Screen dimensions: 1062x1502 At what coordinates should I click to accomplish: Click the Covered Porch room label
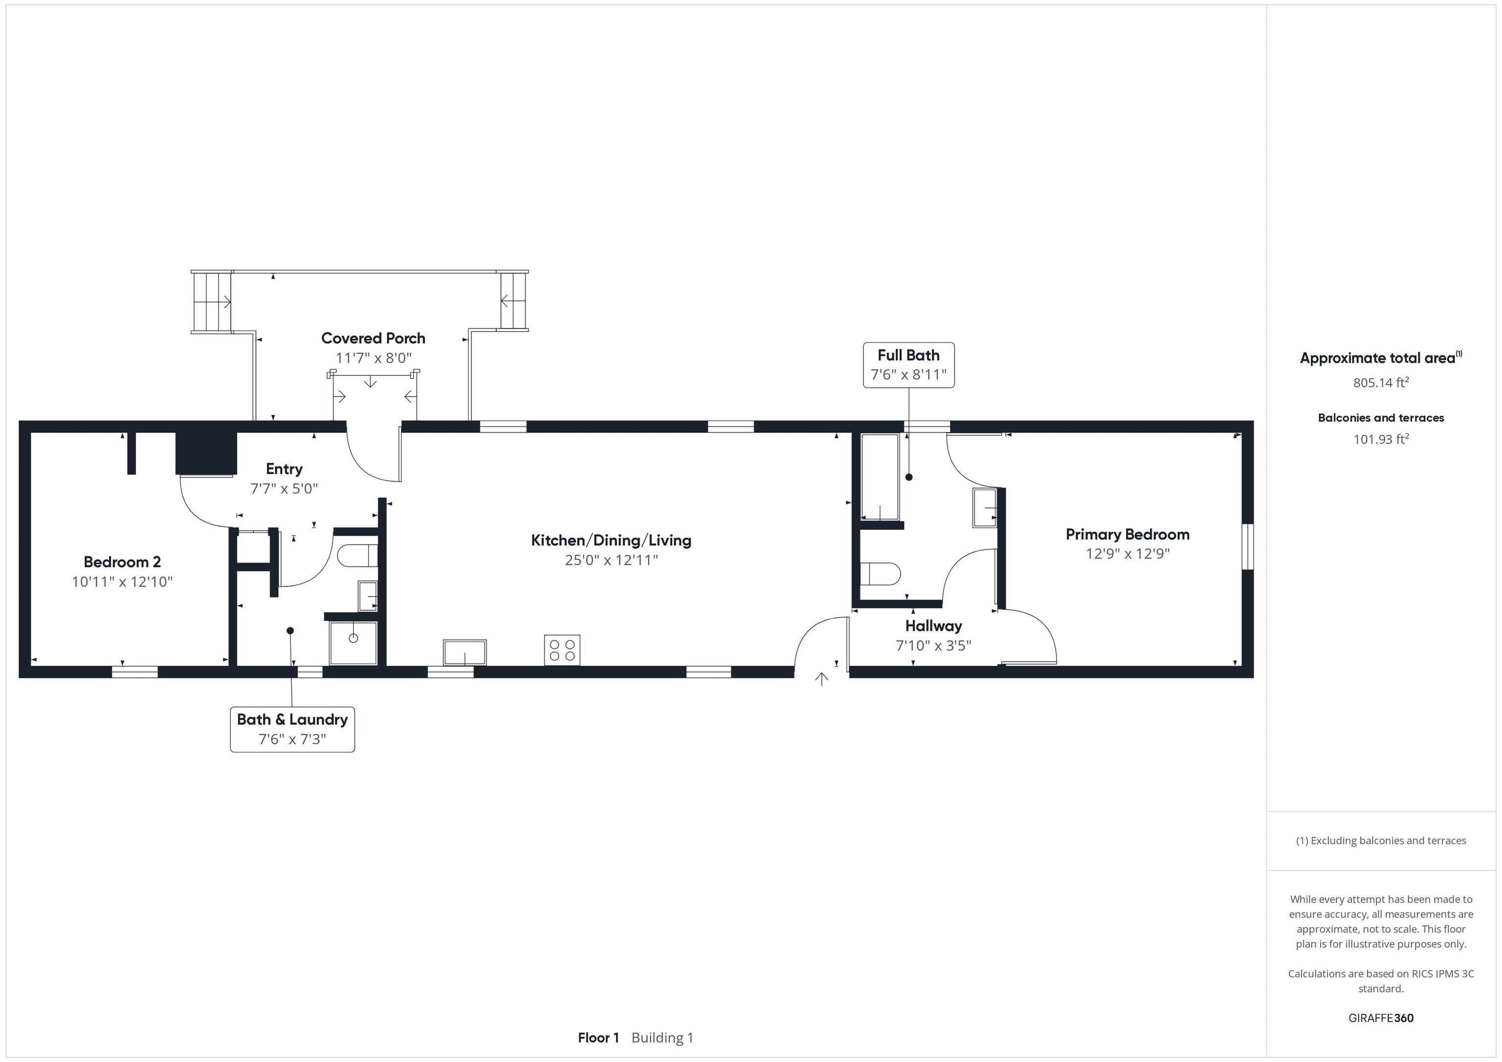click(373, 338)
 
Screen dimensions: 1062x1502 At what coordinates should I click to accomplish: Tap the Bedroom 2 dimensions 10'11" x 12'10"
click(122, 582)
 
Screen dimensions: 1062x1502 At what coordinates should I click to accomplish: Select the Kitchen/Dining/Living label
click(611, 540)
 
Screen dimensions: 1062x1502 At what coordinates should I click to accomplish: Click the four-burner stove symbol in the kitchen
click(562, 650)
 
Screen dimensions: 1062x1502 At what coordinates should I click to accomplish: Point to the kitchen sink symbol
click(464, 652)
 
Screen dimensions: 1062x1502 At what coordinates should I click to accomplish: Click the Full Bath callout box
click(908, 365)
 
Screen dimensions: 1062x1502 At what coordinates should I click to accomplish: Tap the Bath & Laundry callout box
click(292, 729)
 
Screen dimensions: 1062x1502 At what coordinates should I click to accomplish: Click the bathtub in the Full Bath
click(880, 477)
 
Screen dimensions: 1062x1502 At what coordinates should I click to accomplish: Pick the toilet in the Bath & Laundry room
click(356, 556)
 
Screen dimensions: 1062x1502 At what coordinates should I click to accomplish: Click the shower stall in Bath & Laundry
click(353, 642)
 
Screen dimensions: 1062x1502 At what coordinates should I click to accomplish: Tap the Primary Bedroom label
click(1127, 534)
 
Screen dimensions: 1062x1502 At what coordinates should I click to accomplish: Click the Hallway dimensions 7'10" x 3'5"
click(933, 646)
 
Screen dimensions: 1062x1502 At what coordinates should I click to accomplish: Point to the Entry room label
click(284, 469)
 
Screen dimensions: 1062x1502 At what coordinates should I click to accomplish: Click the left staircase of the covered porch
click(212, 302)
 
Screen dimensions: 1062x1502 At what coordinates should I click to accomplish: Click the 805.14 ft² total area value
click(1380, 383)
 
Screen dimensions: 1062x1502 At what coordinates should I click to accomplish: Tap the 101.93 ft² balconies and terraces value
click(1380, 439)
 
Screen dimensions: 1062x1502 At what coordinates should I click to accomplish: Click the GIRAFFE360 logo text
click(1380, 1018)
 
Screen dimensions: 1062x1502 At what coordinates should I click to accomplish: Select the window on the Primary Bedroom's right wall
click(1248, 547)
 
